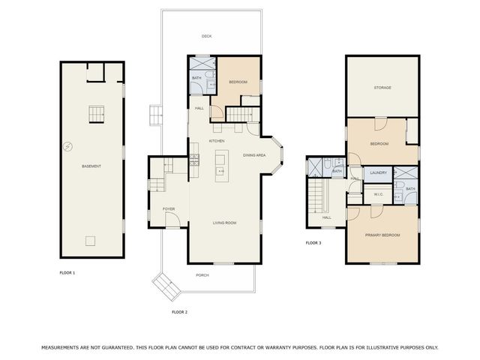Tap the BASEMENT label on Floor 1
(x=91, y=166)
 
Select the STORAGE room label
(x=382, y=88)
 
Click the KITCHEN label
(x=217, y=141)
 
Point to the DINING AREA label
(x=254, y=154)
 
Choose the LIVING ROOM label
(x=225, y=223)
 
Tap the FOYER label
(x=169, y=209)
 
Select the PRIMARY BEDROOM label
(x=382, y=235)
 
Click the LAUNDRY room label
(x=379, y=172)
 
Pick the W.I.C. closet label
(x=379, y=195)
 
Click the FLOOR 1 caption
(x=67, y=272)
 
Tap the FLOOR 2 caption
(x=179, y=311)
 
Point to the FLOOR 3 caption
(x=313, y=243)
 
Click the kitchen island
(x=220, y=165)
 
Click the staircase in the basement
(x=95, y=114)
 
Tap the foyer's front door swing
(x=172, y=220)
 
